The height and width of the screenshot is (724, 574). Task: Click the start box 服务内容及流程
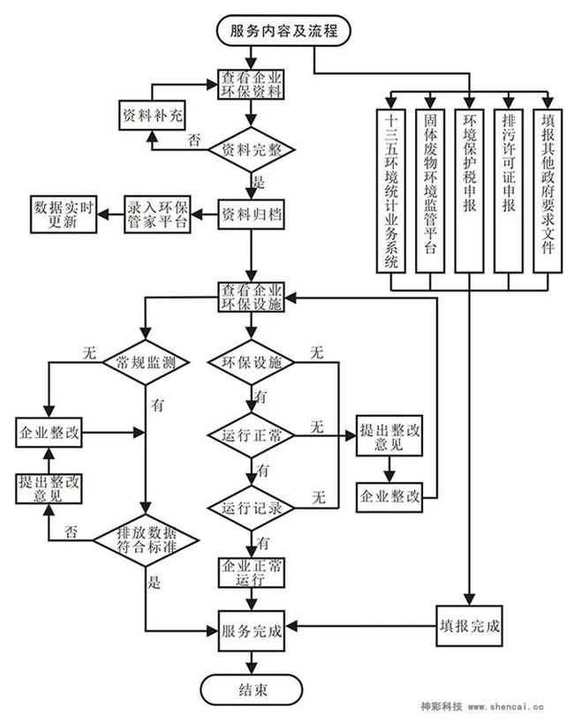(x=283, y=31)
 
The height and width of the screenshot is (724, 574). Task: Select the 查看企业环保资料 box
(x=251, y=85)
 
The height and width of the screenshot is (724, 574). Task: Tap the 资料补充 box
(x=152, y=115)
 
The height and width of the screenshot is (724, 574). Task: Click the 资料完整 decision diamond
(x=251, y=149)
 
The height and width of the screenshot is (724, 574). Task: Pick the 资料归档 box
(x=251, y=215)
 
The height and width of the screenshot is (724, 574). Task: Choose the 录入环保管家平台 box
(x=157, y=215)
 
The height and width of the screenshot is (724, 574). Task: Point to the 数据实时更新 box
(x=64, y=215)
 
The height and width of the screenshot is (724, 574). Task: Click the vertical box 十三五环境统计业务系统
(x=391, y=191)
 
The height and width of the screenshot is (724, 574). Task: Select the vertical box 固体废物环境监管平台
(x=430, y=191)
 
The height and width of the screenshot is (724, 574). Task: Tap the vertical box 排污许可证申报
(x=509, y=191)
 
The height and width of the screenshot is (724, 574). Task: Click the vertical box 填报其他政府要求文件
(x=548, y=191)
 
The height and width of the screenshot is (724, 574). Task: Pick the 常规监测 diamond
(x=146, y=363)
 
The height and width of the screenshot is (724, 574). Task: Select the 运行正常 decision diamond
(x=251, y=435)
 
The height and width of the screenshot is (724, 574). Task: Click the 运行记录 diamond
(x=251, y=508)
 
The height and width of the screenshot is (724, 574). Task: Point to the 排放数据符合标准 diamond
(x=146, y=540)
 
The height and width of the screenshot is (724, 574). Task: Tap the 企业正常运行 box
(x=251, y=572)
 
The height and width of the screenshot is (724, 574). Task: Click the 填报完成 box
(x=469, y=626)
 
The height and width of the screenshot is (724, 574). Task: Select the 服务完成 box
(x=251, y=630)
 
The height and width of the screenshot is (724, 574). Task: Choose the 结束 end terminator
(x=251, y=690)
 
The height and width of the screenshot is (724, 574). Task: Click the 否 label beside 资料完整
(x=194, y=140)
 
